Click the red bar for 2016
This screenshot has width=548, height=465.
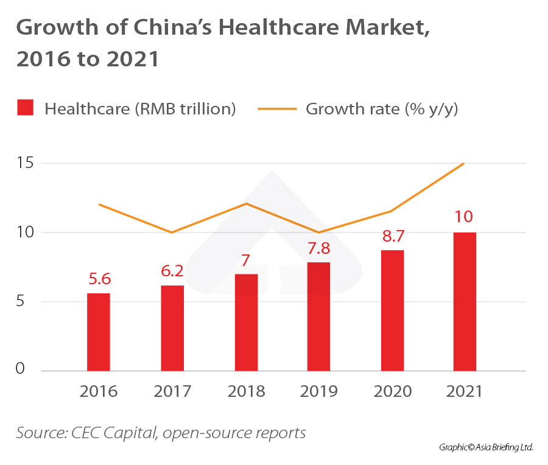(99, 332)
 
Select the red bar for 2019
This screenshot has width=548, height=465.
(318, 316)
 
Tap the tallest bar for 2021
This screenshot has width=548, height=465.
(465, 301)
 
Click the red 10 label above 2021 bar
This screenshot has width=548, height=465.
(465, 217)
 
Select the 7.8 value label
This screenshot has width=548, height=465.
(318, 248)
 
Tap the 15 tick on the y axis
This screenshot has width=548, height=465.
(24, 163)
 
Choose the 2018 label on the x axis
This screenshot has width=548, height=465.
(246, 391)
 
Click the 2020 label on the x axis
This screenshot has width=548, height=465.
(392, 391)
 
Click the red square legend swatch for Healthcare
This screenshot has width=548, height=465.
(24, 108)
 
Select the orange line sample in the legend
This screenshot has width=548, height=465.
(277, 109)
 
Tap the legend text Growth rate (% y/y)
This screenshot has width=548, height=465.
(382, 109)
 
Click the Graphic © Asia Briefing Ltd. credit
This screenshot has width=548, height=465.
(486, 447)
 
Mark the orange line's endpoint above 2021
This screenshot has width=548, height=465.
(464, 163)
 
